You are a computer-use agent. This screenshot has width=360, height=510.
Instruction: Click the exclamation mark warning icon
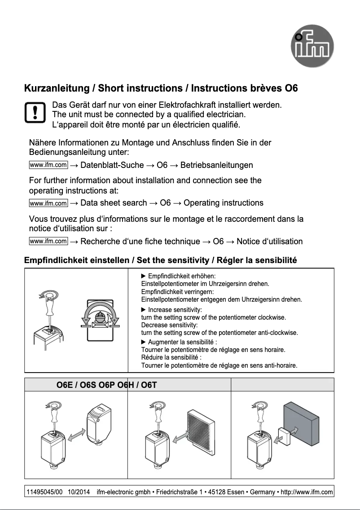pyautogui.click(x=34, y=113)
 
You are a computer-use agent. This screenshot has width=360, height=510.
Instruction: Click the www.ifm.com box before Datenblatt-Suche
pyautogui.click(x=48, y=165)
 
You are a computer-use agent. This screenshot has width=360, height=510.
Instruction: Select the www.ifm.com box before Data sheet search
pyautogui.click(x=48, y=203)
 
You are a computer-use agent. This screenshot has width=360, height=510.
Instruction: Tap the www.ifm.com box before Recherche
pyautogui.click(x=48, y=241)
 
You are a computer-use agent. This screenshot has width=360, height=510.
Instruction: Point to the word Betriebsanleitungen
pyautogui.click(x=216, y=165)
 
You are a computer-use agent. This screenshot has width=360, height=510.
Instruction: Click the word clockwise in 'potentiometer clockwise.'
pyautogui.click(x=270, y=317)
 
